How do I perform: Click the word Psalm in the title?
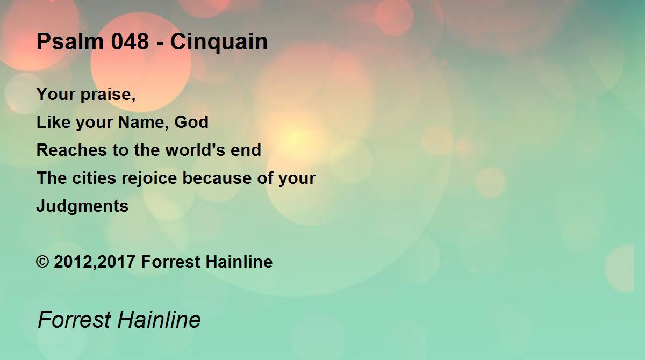pyautogui.click(x=70, y=41)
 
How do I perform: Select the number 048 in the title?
pyautogui.click(x=130, y=41)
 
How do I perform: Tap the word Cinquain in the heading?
pyautogui.click(x=219, y=42)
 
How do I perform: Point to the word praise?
pyautogui.click(x=108, y=95)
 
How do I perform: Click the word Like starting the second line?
pyautogui.click(x=53, y=122)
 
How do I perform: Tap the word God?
pyautogui.click(x=191, y=122)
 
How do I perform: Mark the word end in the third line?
pyautogui.click(x=246, y=150)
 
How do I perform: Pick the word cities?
pyautogui.click(x=94, y=178)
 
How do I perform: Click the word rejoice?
pyautogui.click(x=149, y=178)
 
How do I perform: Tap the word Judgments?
pyautogui.click(x=82, y=206)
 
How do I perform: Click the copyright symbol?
pyautogui.click(x=42, y=262)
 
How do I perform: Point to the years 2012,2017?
pyautogui.click(x=95, y=262)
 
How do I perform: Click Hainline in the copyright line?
pyautogui.click(x=239, y=262)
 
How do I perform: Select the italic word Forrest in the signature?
pyautogui.click(x=74, y=320)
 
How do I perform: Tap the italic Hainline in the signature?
pyautogui.click(x=159, y=320)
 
